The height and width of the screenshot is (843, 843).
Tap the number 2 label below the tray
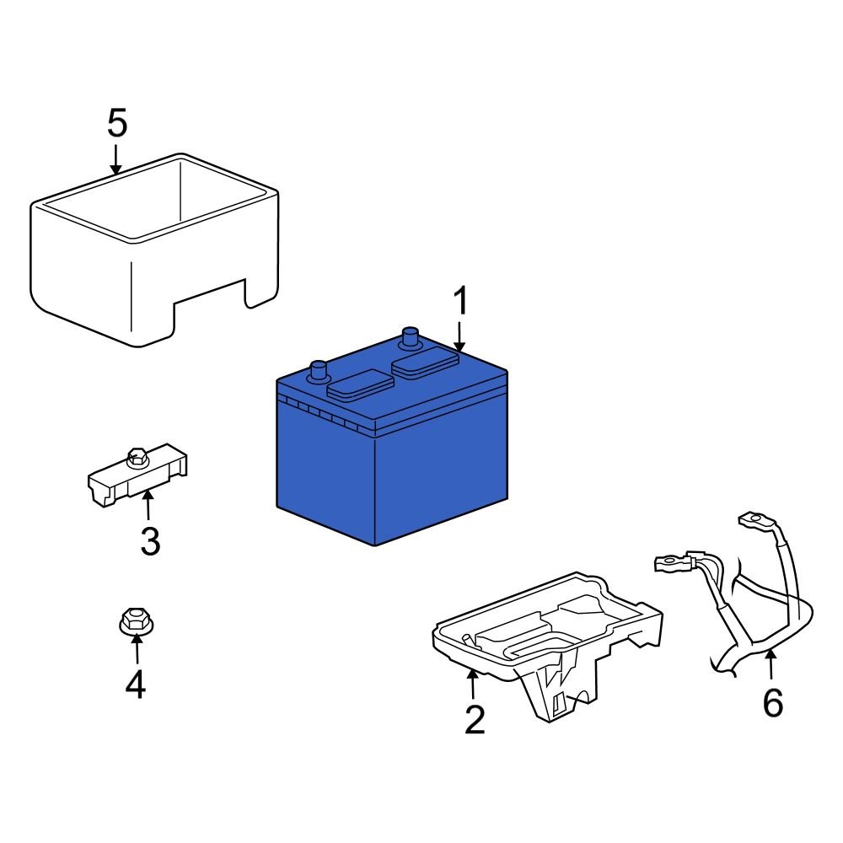pos(475,719)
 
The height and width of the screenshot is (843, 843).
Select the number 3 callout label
pos(149,541)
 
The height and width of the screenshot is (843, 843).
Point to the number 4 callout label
pos(135,684)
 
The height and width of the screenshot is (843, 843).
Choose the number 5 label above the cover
pos(117,124)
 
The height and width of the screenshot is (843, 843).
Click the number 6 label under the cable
pos(772,702)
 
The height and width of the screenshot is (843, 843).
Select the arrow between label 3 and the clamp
pos(148,505)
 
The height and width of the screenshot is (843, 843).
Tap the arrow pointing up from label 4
pos(135,651)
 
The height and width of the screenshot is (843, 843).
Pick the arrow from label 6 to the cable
pos(771,665)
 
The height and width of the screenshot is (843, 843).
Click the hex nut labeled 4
pos(134,622)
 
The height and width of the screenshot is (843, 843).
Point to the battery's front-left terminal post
pos(319,370)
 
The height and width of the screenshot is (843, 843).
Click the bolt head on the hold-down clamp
pos(134,459)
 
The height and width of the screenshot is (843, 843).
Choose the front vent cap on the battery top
pos(360,385)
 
